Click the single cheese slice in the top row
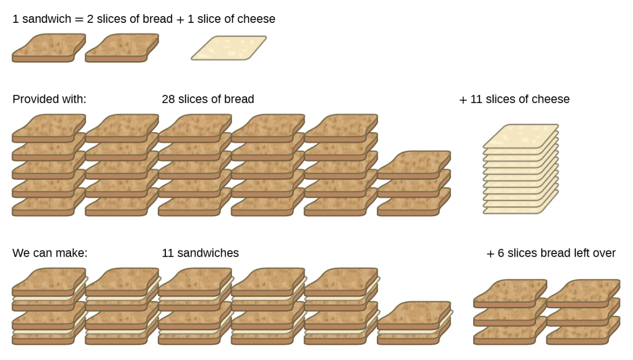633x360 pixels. tap(229, 48)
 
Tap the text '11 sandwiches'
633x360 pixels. tap(200, 253)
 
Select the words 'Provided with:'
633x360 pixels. tap(49, 99)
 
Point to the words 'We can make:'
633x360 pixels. tap(50, 253)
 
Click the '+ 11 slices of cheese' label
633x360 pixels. tap(514, 99)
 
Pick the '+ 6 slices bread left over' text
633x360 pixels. tap(551, 253)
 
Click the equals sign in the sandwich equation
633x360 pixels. tap(79, 19)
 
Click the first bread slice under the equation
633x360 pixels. tap(49, 48)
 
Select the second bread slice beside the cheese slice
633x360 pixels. tap(122, 48)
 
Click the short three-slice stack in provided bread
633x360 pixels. tap(414, 184)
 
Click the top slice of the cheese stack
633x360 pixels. tap(521, 135)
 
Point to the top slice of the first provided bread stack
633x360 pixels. tap(49, 127)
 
